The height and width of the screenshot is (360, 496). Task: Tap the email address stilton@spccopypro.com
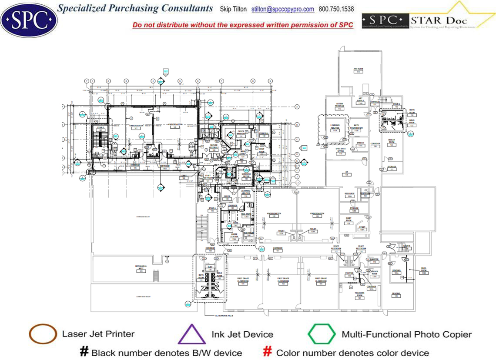(x=283, y=9)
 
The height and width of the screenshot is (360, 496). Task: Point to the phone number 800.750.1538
(x=336, y=9)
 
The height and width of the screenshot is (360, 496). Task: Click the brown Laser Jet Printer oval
(x=43, y=334)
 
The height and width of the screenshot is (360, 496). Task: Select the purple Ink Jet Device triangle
(x=192, y=335)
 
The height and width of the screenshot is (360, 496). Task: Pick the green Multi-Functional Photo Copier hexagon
(x=322, y=334)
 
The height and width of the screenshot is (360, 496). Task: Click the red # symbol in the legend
(x=268, y=352)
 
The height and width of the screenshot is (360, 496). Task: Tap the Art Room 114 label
(x=358, y=70)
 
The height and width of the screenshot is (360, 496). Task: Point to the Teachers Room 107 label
(x=359, y=296)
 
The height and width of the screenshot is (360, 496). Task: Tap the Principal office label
(x=264, y=134)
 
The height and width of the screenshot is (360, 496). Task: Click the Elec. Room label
(x=423, y=271)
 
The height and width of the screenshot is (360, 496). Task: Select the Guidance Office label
(x=246, y=177)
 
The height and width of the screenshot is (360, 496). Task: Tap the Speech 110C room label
(x=360, y=144)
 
